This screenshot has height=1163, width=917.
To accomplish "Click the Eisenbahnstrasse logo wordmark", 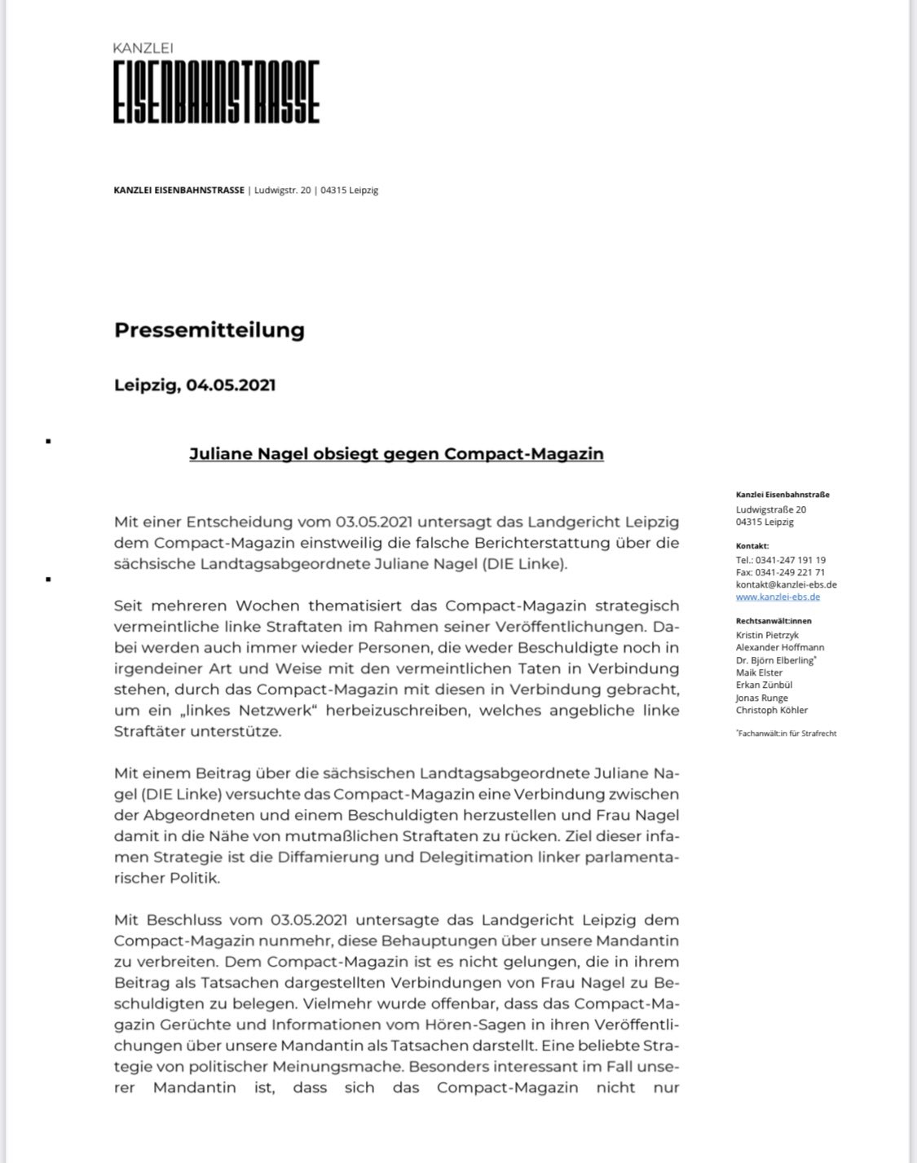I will [x=216, y=92].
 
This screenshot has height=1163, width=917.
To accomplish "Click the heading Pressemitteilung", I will [x=209, y=330].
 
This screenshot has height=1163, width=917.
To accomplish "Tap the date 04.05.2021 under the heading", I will [x=231, y=385].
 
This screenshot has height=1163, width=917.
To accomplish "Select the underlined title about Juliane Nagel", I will [x=396, y=454].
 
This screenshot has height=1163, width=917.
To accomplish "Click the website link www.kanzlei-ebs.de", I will [x=778, y=597].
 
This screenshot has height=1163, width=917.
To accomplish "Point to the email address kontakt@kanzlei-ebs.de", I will [x=786, y=584].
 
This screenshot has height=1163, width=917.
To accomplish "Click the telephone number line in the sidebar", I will [x=780, y=560].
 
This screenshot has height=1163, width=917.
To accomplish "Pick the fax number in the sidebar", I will [x=780, y=572].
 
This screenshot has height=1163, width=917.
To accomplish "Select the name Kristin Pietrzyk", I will [x=767, y=635].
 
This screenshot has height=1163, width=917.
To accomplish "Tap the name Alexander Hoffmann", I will [x=779, y=647].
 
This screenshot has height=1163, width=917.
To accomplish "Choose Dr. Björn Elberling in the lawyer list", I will [x=774, y=660].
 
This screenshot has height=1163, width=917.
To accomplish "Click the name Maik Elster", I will [x=759, y=672].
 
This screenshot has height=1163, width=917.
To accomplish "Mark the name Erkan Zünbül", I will [x=764, y=685].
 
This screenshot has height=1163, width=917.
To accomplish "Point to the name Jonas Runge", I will [x=761, y=698].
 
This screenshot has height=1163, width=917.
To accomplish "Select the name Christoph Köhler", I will [x=771, y=710].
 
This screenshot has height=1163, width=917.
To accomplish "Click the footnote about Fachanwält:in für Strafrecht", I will [x=787, y=733].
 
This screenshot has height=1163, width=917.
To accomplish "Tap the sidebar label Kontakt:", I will [x=752, y=546].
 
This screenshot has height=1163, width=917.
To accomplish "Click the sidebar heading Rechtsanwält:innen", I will [x=774, y=621].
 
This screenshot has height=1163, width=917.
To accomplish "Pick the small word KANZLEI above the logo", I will [x=143, y=49].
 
